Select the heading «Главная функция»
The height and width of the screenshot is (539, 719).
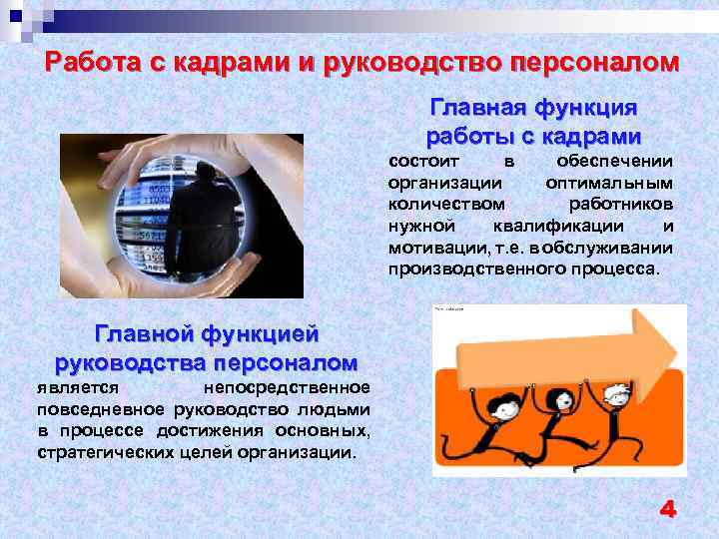pos(533,107)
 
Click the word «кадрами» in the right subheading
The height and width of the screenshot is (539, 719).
pos(589,135)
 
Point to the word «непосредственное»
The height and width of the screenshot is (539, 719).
pos(287,387)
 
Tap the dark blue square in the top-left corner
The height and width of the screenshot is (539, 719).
pos(15,14)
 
